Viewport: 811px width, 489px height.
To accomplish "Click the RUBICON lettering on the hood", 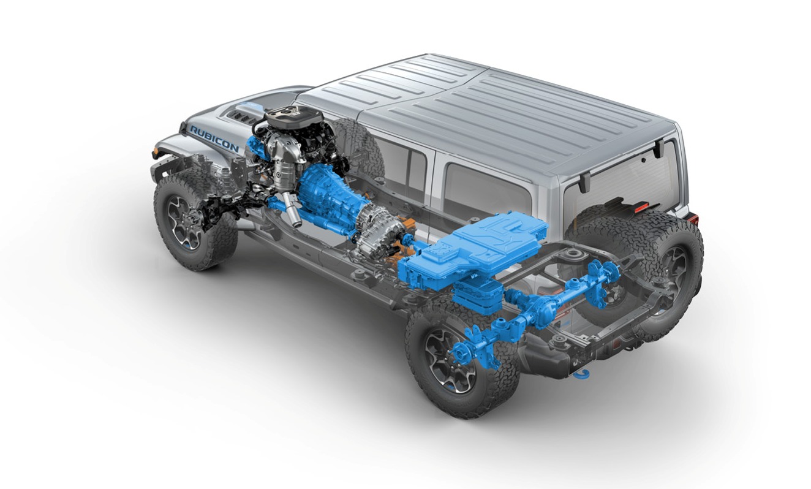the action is click(214, 139).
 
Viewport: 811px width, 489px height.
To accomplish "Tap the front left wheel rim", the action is click(184, 222).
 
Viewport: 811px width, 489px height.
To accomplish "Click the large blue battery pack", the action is click(474, 250).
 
